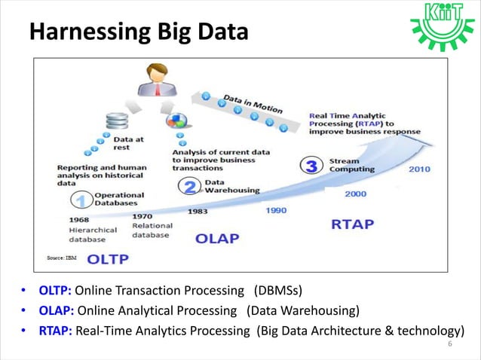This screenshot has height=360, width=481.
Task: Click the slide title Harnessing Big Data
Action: click(138, 32)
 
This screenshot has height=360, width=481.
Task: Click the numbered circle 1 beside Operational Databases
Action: click(81, 200)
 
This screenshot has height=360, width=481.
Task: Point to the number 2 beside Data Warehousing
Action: click(191, 186)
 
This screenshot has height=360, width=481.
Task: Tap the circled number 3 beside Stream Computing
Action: click(311, 166)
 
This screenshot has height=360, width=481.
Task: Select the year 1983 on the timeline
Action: click(198, 212)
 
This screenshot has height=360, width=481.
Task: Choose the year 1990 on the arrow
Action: click(275, 212)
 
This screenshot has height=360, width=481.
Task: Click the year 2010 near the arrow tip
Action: click(419, 169)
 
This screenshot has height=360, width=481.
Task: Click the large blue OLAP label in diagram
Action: click(217, 239)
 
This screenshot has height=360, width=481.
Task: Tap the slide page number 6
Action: click(450, 345)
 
